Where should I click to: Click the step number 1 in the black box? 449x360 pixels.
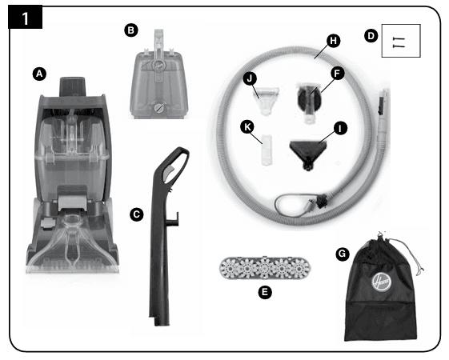click(x=25, y=18)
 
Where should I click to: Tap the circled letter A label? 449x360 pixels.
click(x=39, y=74)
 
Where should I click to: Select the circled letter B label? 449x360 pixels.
click(x=131, y=30)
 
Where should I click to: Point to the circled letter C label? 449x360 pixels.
click(x=137, y=214)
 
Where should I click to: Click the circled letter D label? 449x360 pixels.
click(x=371, y=36)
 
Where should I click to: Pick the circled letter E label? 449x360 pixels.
click(x=265, y=292)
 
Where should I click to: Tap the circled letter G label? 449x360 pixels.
click(x=343, y=254)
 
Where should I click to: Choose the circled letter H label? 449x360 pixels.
click(x=333, y=41)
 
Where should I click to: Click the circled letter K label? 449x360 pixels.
click(x=247, y=126)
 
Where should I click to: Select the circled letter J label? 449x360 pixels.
click(x=250, y=78)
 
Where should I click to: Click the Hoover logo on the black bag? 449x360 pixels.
click(x=382, y=282)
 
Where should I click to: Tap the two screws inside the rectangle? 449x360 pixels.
click(x=399, y=42)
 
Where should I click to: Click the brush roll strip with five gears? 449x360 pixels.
click(x=265, y=268)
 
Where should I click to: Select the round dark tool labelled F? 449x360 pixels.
click(x=309, y=102)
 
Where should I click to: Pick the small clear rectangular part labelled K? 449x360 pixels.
click(x=267, y=150)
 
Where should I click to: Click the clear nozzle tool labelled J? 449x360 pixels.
click(x=267, y=99)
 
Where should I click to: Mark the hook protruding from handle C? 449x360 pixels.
click(x=173, y=219)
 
